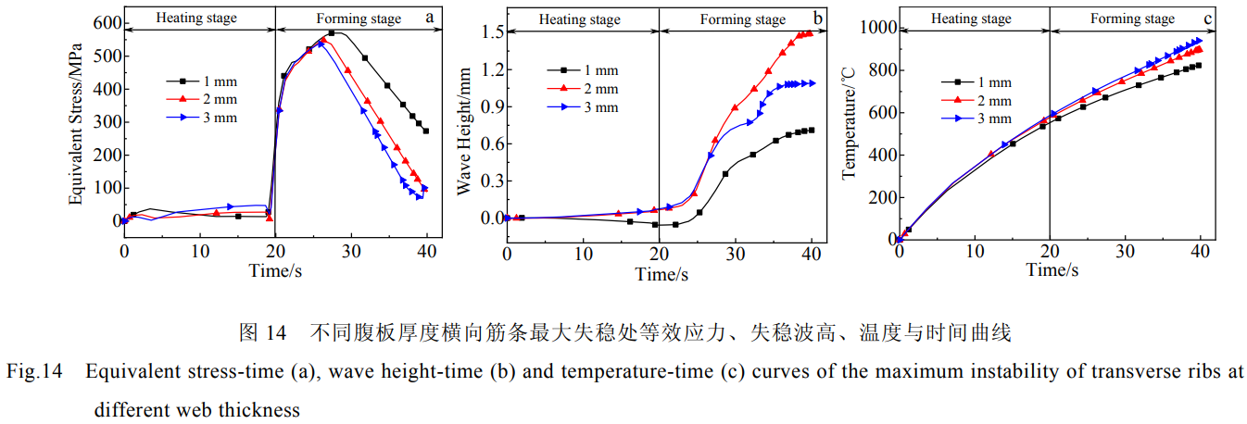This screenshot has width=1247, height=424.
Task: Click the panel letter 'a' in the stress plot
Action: click(x=429, y=17)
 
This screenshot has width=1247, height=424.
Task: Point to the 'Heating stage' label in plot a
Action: click(x=196, y=17)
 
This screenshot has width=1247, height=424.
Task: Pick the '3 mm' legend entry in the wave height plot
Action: click(x=600, y=107)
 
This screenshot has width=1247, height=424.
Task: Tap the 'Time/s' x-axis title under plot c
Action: click(x=1052, y=270)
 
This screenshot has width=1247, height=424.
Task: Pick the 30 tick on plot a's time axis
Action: click(x=351, y=251)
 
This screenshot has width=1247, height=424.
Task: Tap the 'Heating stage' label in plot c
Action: click(x=972, y=18)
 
